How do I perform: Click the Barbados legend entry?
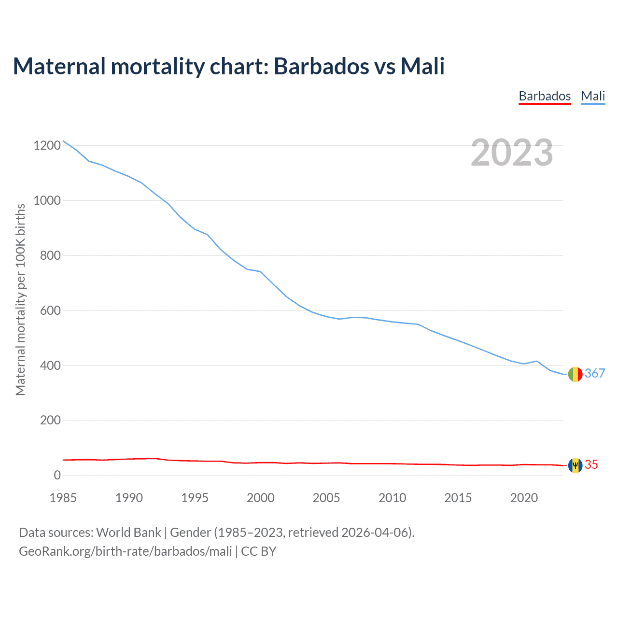pos(545,96)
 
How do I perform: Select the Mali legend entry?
pos(593,96)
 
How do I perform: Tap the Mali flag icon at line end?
pos(575,374)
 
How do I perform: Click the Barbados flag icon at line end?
pos(575,465)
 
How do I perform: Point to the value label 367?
pos(595,373)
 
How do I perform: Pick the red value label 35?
pos(591,464)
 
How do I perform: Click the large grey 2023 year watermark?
pos(512,153)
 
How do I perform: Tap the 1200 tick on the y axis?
pos(47,145)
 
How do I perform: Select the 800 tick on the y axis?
pos(50,255)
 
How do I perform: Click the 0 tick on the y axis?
pos(57,475)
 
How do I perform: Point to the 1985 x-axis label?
pos(63,498)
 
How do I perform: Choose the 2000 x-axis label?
pos(261,498)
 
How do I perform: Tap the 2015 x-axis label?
pos(458,498)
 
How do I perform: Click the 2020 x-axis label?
pos(524,498)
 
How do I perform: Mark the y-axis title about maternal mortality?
pos(20,299)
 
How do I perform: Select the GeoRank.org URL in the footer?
pos(126,551)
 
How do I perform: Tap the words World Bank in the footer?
pos(128,533)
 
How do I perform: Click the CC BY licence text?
pos(259,551)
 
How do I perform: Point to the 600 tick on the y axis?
pos(50,310)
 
